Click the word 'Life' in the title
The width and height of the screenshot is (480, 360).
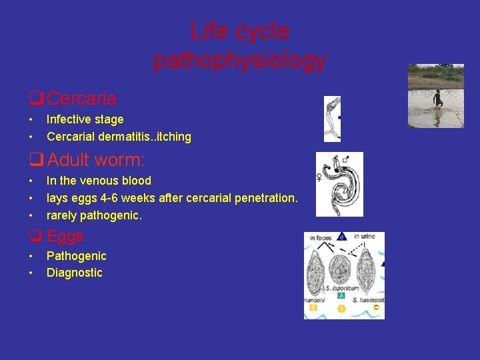tap(206, 31)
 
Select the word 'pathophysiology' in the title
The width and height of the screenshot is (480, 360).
tap(239, 61)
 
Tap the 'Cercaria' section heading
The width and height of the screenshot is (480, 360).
tap(81, 99)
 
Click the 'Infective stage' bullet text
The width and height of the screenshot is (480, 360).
tap(85, 119)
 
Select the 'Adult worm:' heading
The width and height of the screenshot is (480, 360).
tap(96, 160)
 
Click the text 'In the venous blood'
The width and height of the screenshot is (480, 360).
tap(99, 181)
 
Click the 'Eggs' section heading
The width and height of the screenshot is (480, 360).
tap(65, 236)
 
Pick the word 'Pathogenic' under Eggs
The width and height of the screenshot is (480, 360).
tap(76, 256)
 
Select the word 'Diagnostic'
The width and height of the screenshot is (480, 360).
tap(74, 273)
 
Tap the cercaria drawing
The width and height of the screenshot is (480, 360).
tap(331, 119)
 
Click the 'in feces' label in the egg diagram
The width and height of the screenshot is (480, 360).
tap(321, 237)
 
